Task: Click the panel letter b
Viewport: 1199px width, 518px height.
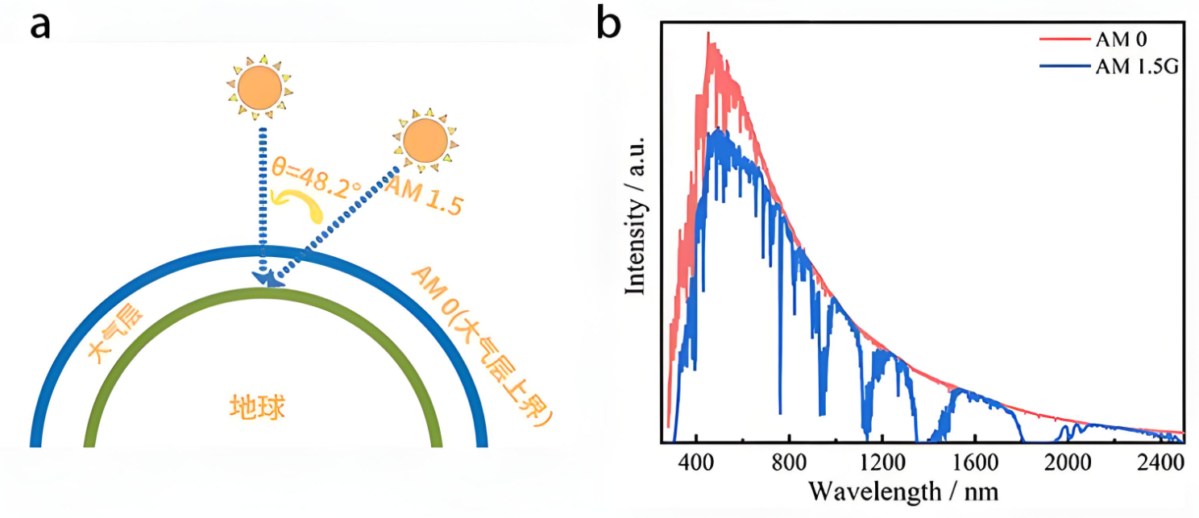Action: click(x=611, y=24)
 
